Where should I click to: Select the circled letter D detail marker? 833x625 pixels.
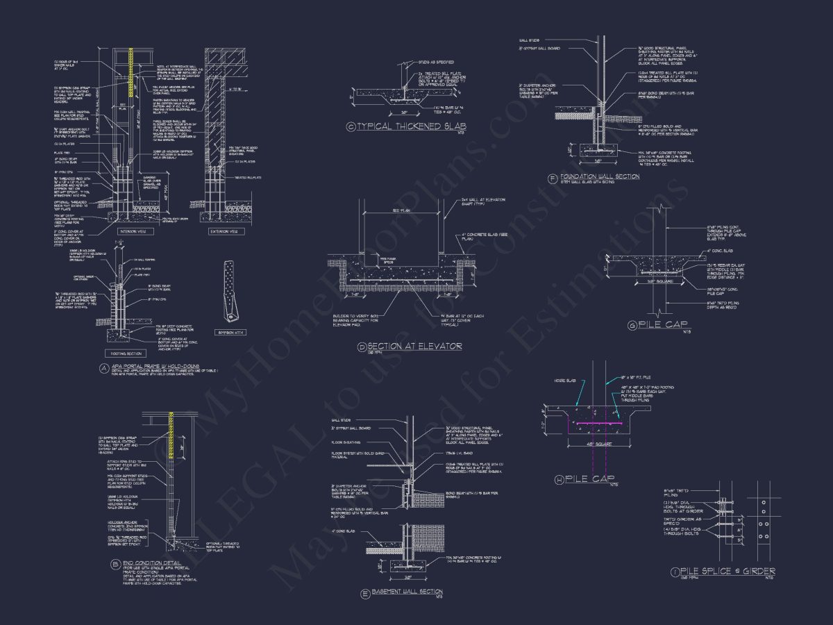tap(361, 347)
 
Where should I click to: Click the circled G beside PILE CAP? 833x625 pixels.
tap(632, 324)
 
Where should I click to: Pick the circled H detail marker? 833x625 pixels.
tap(559, 478)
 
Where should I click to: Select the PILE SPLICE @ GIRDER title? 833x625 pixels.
tap(728, 571)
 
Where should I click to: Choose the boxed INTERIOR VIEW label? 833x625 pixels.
tap(133, 231)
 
